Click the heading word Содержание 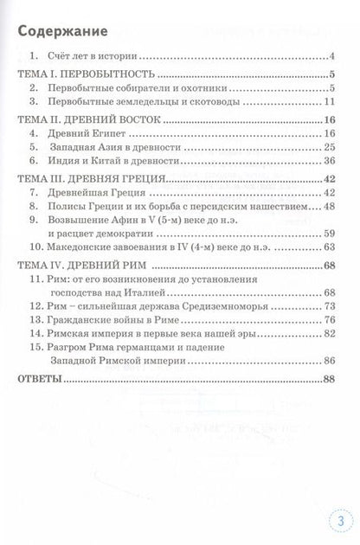(63, 33)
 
